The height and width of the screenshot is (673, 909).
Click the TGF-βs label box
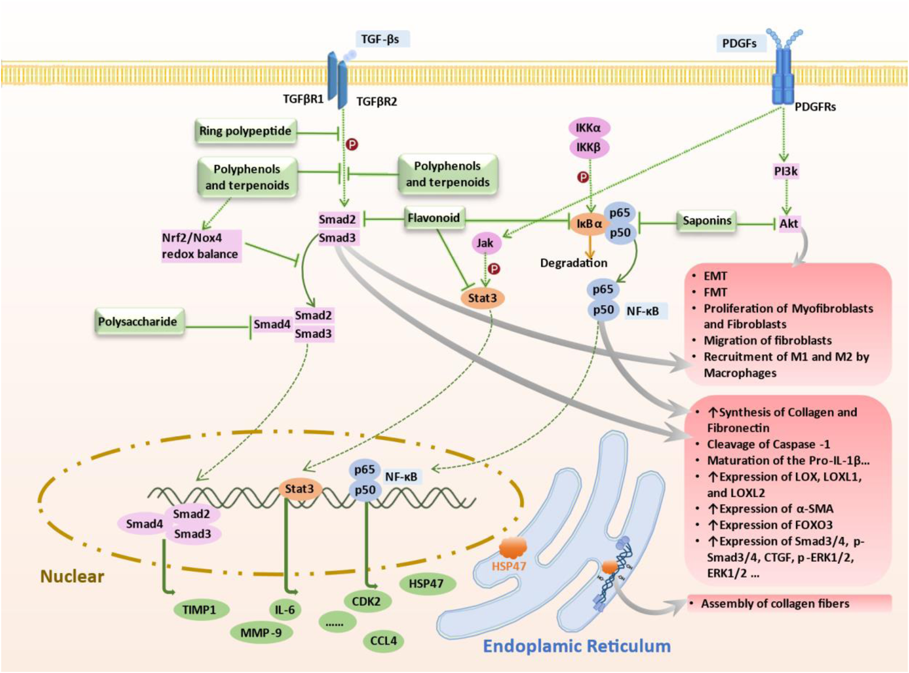point(382,39)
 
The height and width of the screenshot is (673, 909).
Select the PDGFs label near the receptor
point(740,44)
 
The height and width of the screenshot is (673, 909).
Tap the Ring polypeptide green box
point(245,131)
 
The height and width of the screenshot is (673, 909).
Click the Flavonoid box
point(433,218)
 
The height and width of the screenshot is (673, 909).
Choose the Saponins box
point(706,221)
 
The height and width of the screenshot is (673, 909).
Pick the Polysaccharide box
point(138,322)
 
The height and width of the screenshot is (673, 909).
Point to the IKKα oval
point(588,128)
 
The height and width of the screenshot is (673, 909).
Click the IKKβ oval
point(588,148)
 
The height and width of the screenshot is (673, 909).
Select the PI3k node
point(786,171)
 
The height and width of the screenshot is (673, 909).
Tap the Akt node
point(788,223)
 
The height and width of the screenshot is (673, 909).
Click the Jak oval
point(485,243)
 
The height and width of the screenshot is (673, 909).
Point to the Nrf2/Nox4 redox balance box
point(201,246)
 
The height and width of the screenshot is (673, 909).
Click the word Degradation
point(574,263)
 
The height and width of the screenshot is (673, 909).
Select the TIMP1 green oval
point(199,610)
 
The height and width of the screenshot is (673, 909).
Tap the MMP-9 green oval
point(261,633)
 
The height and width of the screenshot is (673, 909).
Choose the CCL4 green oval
point(383,641)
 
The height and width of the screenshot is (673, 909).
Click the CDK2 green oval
point(366,601)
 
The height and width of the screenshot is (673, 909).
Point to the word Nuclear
point(72,576)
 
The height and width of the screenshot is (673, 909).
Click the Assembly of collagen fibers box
point(789,604)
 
